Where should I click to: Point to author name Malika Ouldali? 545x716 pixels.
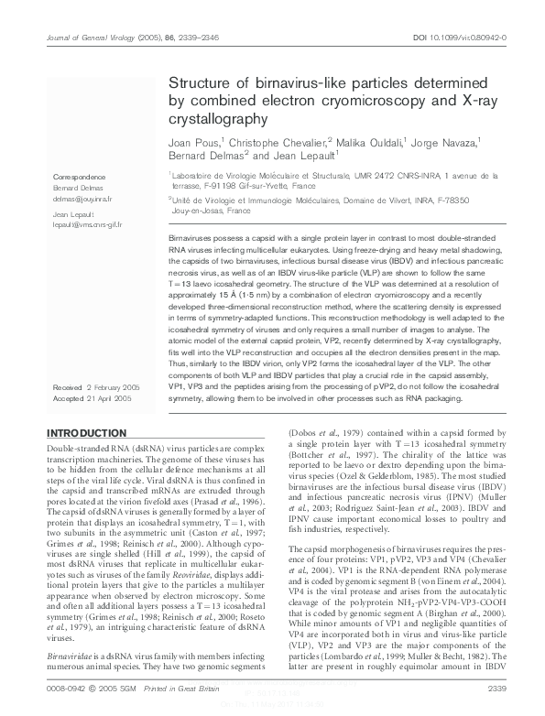point(349,143)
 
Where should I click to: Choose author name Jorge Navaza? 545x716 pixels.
point(442,143)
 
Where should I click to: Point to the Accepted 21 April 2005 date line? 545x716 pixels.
point(92,399)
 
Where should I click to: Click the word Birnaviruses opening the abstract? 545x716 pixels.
point(193,236)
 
